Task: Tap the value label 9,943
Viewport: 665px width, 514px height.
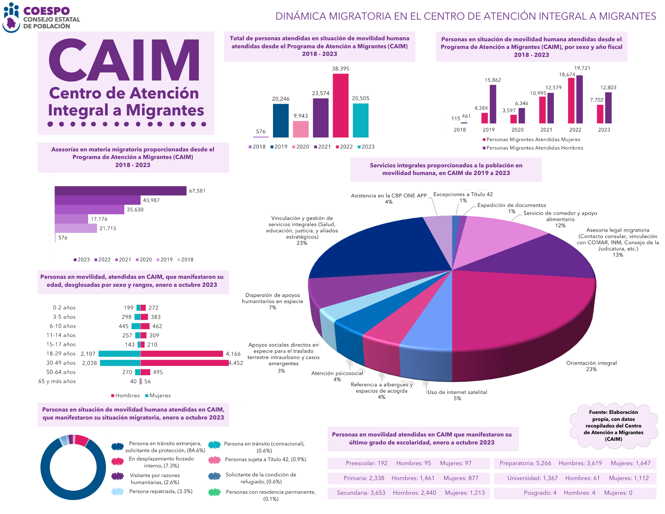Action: [x=301, y=116]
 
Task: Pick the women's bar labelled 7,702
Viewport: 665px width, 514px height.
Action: [x=600, y=114]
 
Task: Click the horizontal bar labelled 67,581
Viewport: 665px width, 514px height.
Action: [x=120, y=191]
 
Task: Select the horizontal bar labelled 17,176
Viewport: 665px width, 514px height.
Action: [x=71, y=219]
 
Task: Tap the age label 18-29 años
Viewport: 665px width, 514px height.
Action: [x=61, y=354]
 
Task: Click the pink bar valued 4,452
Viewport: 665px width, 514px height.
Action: [x=184, y=363]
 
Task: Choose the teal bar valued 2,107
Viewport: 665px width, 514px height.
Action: [x=119, y=354]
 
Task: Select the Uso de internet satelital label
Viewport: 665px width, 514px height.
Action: [x=457, y=392]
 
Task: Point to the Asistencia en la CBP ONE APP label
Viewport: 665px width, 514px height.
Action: [x=389, y=196]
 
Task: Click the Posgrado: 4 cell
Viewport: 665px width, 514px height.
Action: [x=540, y=493]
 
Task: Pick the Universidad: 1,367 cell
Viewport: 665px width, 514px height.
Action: [x=532, y=478]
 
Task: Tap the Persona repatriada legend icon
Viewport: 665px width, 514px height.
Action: [x=117, y=491]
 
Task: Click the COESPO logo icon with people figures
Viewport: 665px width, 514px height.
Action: [x=11, y=18]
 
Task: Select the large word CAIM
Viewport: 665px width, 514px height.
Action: [x=124, y=60]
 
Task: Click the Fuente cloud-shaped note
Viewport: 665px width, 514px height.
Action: [x=613, y=426]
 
